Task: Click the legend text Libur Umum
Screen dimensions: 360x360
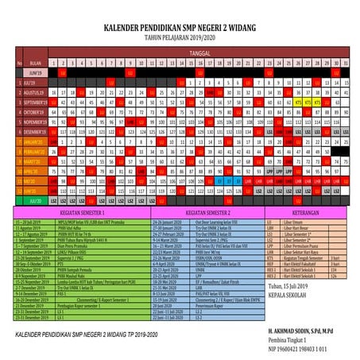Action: coord(293,223)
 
